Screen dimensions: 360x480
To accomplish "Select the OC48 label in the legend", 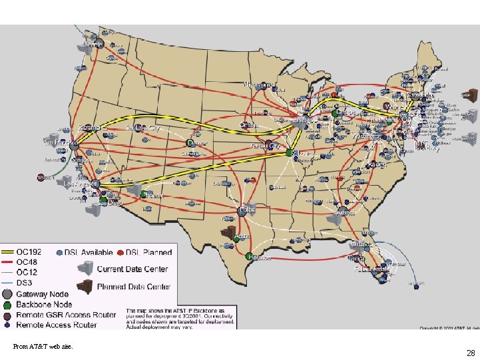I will pos(30,262).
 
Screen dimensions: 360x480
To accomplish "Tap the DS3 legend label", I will pos(27,281).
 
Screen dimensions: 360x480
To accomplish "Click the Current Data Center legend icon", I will pos(85,269).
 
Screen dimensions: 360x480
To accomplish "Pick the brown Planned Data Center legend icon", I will pos(85,287).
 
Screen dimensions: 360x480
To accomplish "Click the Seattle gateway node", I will pos(99,43).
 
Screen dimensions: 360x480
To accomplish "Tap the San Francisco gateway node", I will pos(75,142).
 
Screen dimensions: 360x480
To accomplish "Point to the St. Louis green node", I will pos(289,153).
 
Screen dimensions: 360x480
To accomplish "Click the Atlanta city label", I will pos(346,213).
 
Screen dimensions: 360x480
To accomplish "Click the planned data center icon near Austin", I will pos(228,233).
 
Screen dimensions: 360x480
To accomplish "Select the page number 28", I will pos(471,353).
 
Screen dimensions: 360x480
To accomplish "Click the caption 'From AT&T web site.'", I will pos(43,346).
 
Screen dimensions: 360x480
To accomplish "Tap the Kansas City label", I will pos(265,144).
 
